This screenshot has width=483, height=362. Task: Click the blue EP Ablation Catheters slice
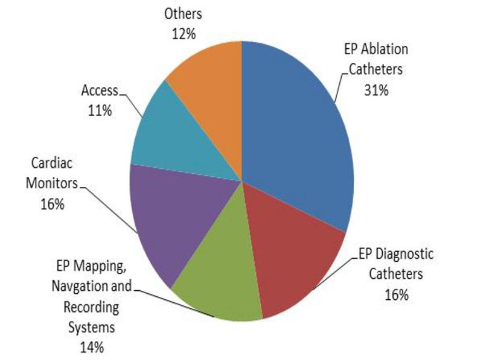click(x=296, y=133)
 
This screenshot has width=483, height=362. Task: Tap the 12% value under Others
click(x=183, y=34)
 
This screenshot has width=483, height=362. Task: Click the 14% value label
click(x=92, y=347)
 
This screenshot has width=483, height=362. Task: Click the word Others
click(x=183, y=14)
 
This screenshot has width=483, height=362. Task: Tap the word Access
click(x=100, y=92)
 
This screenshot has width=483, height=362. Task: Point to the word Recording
click(x=92, y=308)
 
